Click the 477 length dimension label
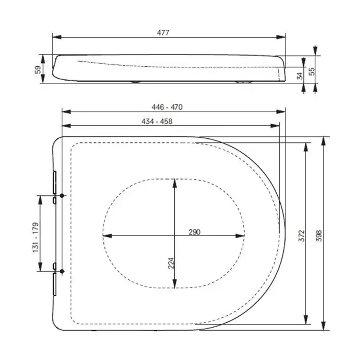point(163,32)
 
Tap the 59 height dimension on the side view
point(38,69)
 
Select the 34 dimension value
point(300,76)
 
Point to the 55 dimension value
point(312,71)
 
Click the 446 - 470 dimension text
point(167,107)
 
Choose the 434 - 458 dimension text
point(157,121)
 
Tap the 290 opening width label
point(194,232)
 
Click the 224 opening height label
point(171,263)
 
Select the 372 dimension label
point(301,236)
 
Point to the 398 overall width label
point(319,236)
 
